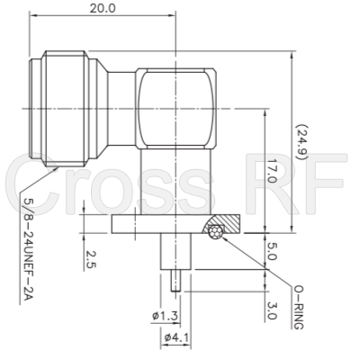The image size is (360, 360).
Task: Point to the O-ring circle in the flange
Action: pyautogui.click(x=216, y=232)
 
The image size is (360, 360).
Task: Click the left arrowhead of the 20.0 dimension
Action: pyautogui.click(x=33, y=17)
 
